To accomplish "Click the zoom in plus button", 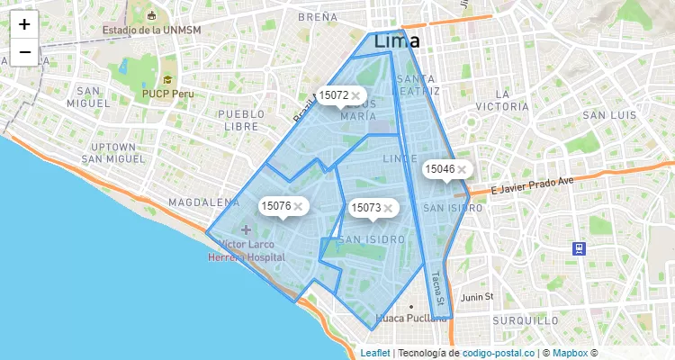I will (24, 24).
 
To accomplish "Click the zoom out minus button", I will (24, 52).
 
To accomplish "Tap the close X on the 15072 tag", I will (356, 94).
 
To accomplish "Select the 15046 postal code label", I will (440, 168).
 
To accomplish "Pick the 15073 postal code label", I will (366, 208).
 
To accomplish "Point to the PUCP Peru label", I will (167, 94).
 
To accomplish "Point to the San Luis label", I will (609, 115).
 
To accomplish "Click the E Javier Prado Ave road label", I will (532, 184).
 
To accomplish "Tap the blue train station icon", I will (578, 248).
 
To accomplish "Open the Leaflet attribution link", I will (375, 353).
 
